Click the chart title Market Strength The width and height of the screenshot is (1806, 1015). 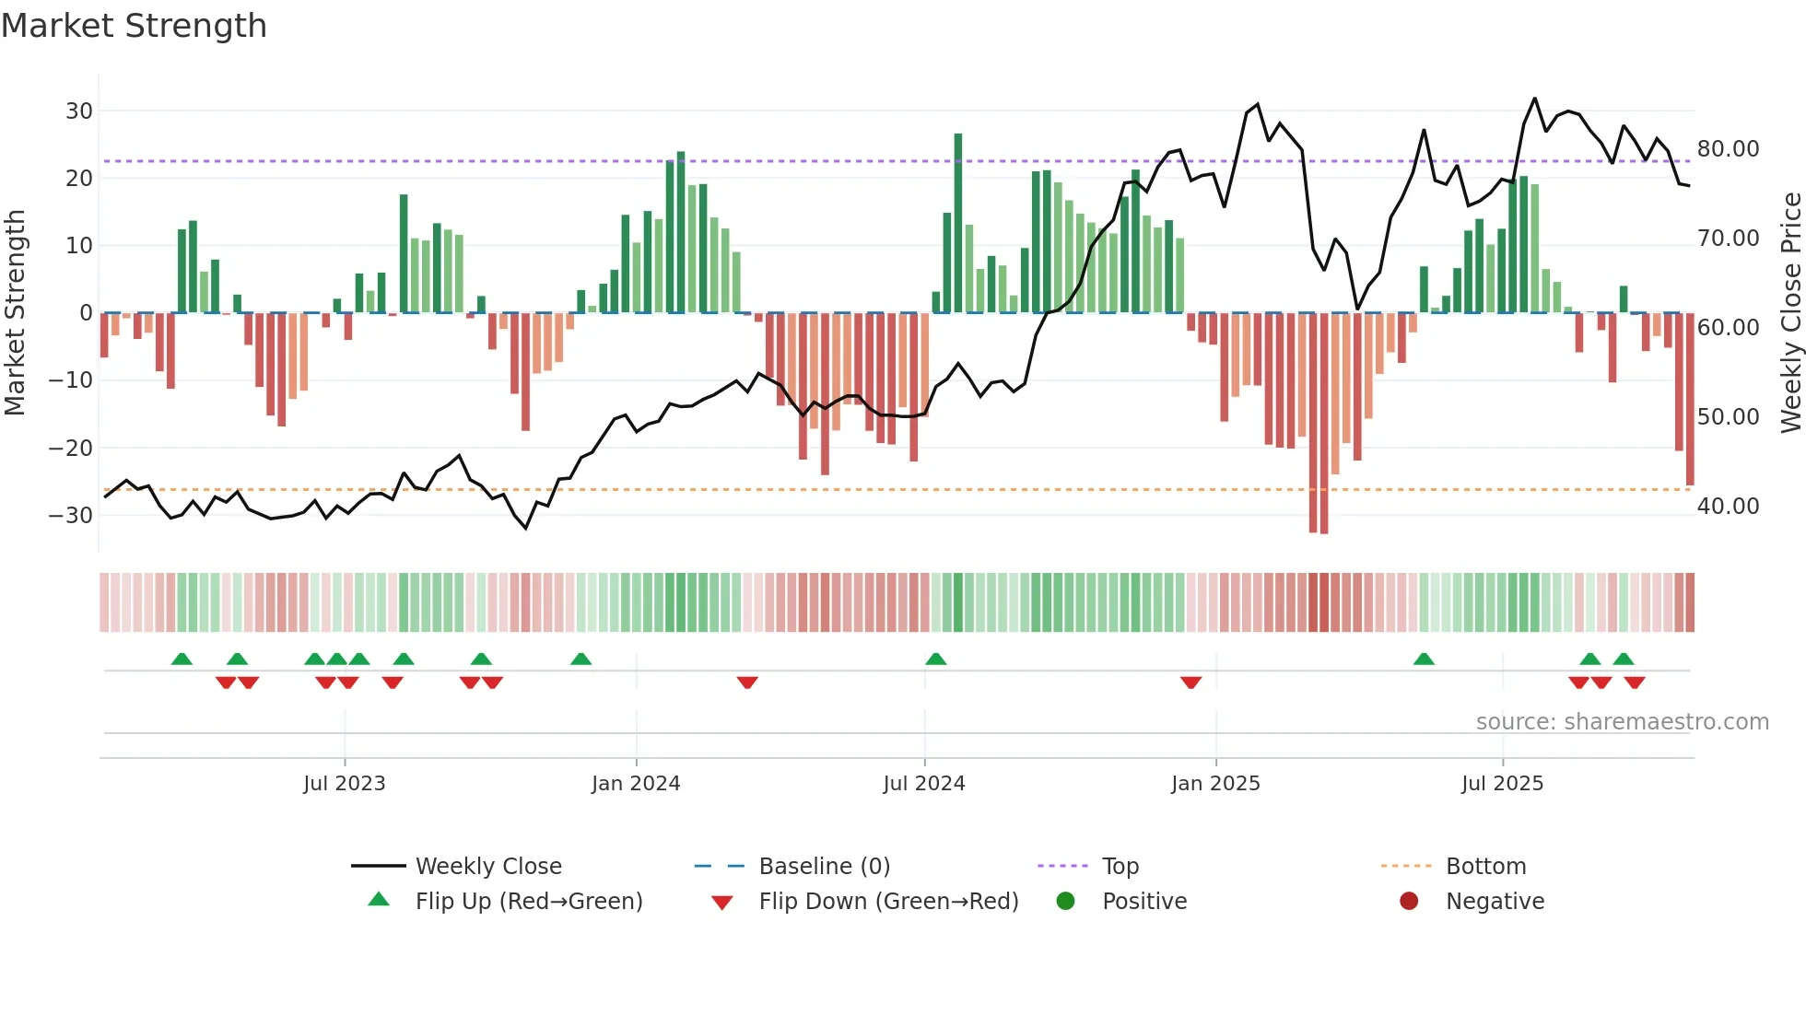(x=134, y=26)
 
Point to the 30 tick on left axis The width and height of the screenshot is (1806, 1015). (x=79, y=111)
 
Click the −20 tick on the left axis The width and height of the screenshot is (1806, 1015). (x=71, y=449)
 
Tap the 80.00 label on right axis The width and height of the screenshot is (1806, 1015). (x=1728, y=149)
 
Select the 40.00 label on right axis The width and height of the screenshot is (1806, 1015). (x=1728, y=507)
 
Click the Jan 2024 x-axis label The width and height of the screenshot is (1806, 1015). (x=636, y=784)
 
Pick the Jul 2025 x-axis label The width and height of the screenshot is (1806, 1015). (x=1502, y=784)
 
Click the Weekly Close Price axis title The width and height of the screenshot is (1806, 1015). (x=1790, y=313)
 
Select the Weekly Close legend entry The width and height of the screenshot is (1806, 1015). (x=487, y=867)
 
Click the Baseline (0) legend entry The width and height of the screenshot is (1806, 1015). (x=824, y=867)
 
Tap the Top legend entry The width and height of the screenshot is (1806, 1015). (x=1120, y=867)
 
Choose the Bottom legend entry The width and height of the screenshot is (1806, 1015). (x=1485, y=867)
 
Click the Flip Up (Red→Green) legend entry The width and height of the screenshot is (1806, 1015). (x=528, y=902)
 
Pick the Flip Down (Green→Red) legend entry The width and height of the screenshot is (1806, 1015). (x=888, y=902)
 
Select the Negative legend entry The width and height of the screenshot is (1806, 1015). (x=1494, y=902)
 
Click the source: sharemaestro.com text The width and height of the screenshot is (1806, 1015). (x=1622, y=722)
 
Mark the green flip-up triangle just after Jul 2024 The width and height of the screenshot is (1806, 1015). (x=936, y=659)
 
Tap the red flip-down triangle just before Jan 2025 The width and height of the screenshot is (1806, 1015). (x=1190, y=682)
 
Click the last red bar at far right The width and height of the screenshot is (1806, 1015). (x=1690, y=398)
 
